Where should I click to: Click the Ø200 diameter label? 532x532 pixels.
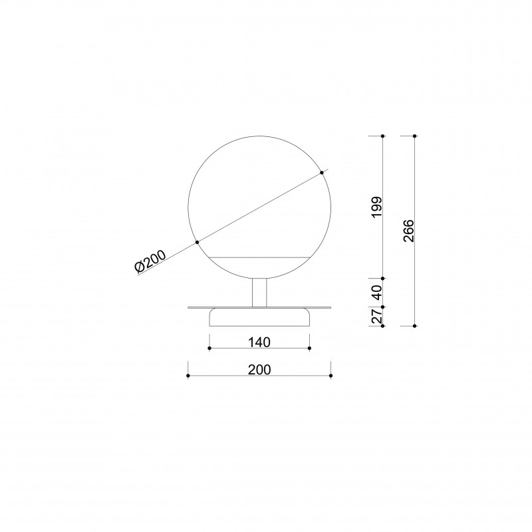coord(150,261)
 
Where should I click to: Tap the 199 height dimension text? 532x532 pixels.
coord(377,207)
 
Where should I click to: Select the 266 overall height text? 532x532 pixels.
coord(409,231)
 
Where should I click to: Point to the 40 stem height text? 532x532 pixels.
coord(377,293)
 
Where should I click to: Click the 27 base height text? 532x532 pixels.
coord(377,317)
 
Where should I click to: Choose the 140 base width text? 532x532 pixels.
coord(259,342)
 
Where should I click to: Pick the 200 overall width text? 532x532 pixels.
coord(259,370)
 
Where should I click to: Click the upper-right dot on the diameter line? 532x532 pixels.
coord(322,173)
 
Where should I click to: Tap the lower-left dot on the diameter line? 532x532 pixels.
coord(197,242)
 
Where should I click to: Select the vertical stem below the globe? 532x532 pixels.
coord(259,293)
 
